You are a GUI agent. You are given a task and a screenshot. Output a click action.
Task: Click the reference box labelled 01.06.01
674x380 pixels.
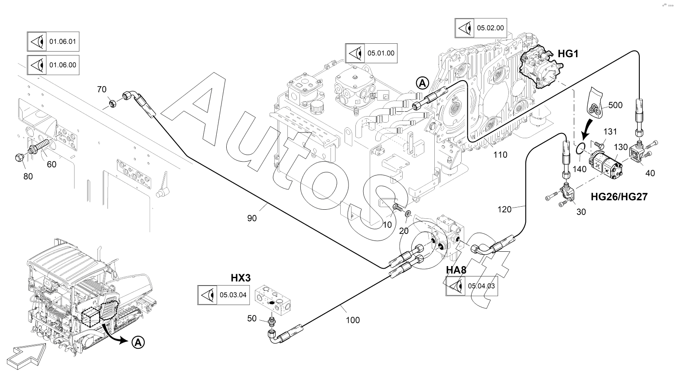(53, 42)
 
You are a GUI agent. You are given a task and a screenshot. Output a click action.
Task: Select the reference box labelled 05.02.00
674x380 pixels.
(481, 28)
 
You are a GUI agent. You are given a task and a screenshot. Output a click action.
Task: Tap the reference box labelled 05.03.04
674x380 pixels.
(223, 295)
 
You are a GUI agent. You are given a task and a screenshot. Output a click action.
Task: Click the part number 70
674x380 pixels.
(101, 90)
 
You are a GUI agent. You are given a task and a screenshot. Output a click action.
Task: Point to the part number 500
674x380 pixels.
(615, 105)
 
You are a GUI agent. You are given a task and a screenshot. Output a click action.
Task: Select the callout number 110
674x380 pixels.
(500, 155)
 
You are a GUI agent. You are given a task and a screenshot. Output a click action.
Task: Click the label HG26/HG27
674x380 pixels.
(619, 197)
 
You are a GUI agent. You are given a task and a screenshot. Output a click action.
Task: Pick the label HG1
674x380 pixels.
(568, 54)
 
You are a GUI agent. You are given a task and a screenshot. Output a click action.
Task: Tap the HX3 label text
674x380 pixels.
(241, 277)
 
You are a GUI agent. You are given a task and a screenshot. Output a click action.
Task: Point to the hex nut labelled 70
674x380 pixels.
(111, 103)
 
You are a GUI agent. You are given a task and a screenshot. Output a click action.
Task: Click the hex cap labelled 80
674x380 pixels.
(20, 157)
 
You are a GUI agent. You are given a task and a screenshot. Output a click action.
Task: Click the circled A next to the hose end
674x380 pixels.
(422, 82)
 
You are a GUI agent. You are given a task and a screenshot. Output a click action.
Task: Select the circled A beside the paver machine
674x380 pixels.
(138, 342)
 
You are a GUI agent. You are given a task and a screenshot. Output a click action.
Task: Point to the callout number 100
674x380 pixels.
(352, 320)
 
